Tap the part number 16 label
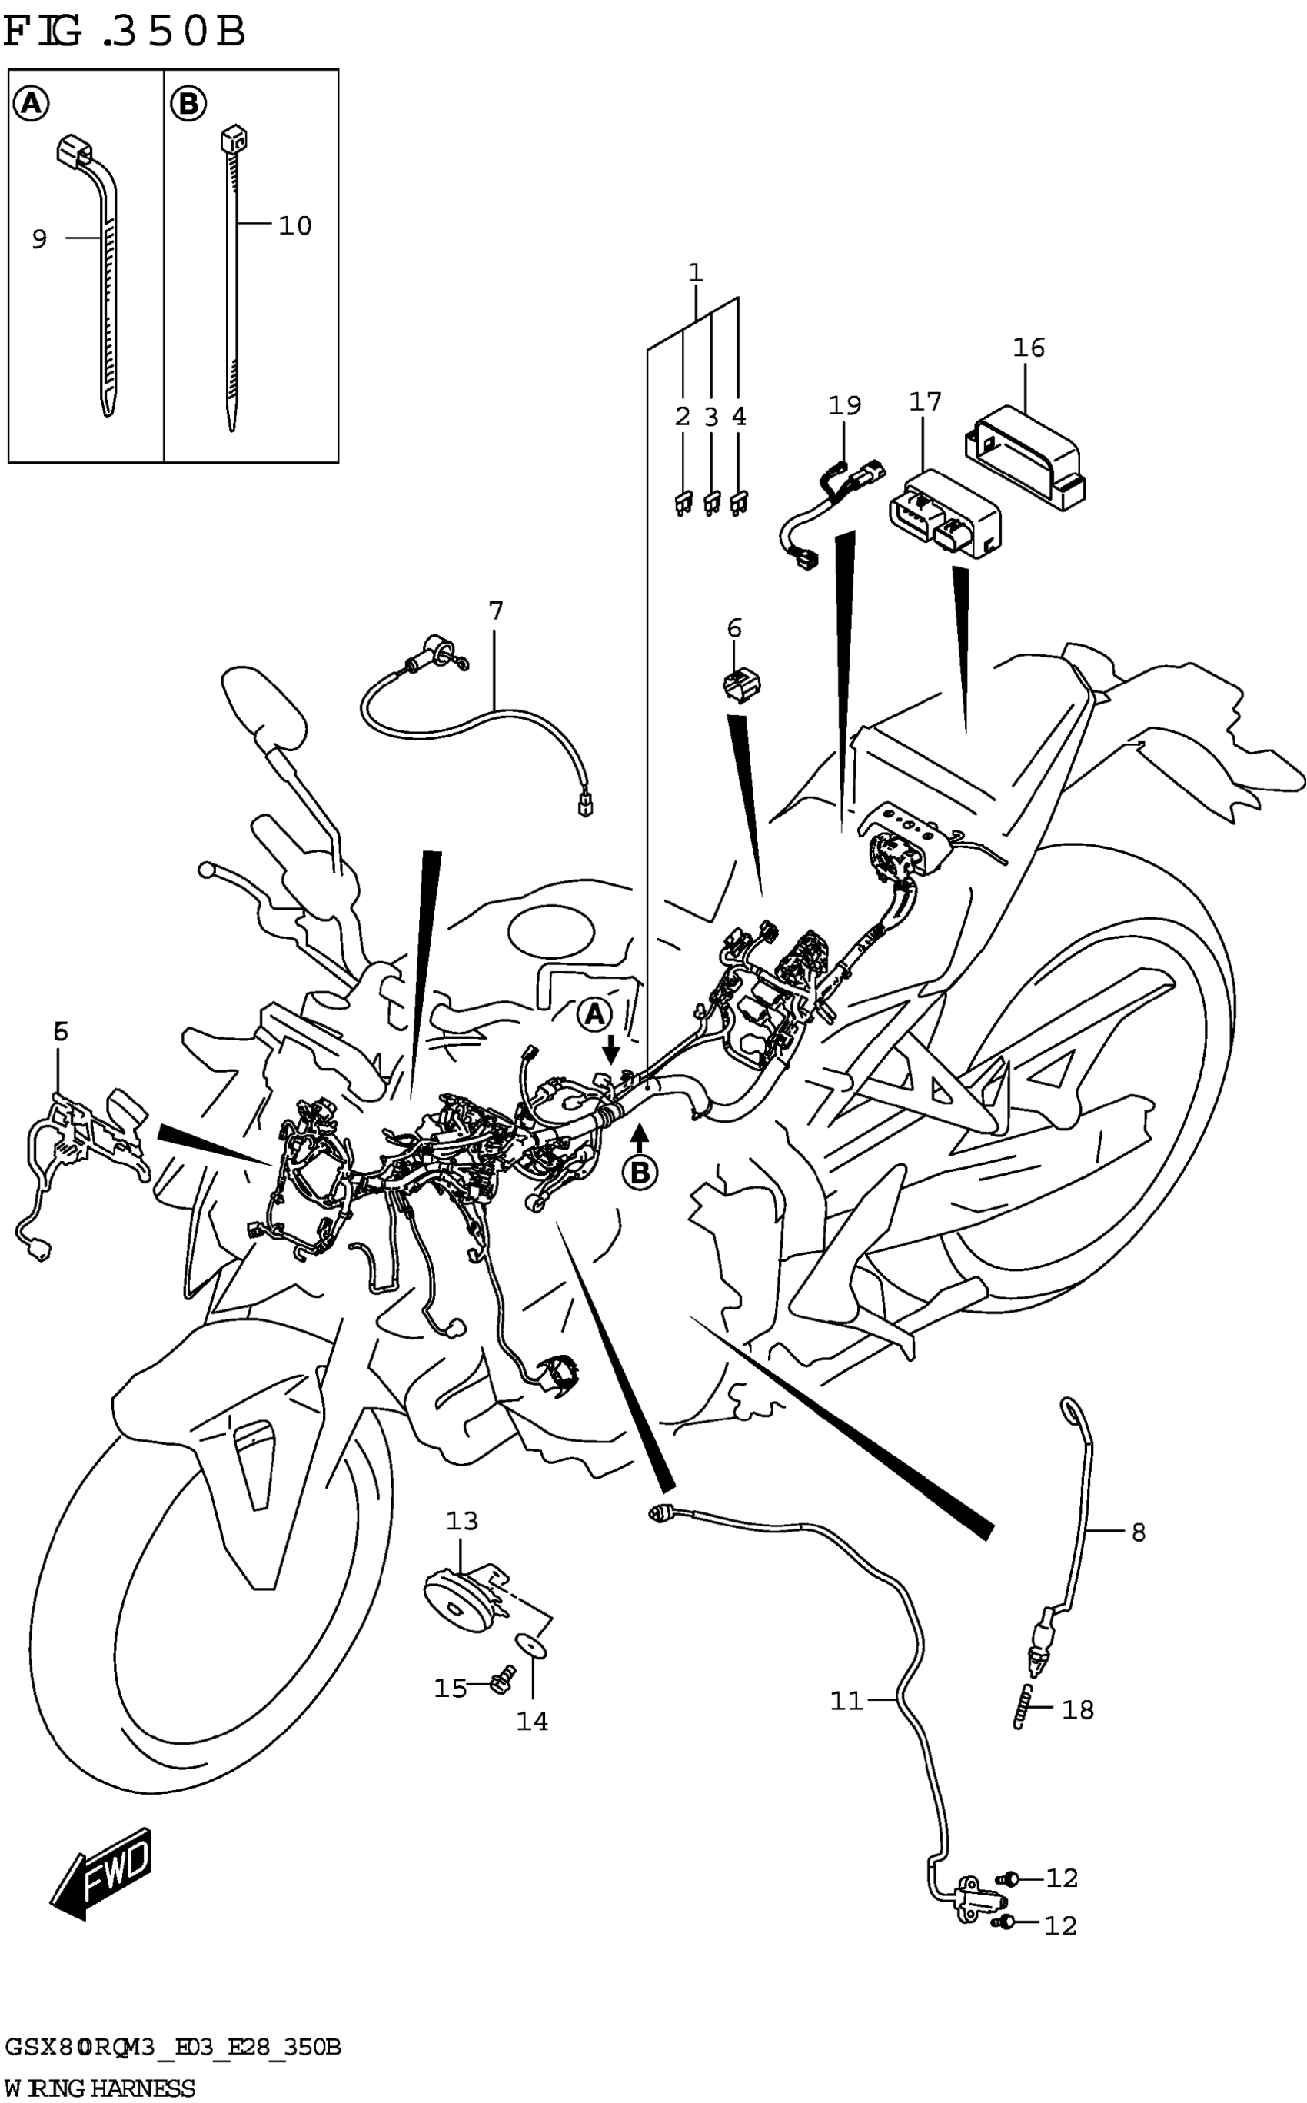coord(1029,348)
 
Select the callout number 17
coord(925,402)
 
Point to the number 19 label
coord(844,405)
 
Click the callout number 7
coord(495,611)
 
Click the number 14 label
coord(533,1721)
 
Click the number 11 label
coord(847,1701)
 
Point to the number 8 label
coord(1139,1532)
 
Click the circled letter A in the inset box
coord(30,105)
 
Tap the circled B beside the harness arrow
coord(640,1173)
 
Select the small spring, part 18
coord(1023,1707)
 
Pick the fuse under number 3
coord(711,503)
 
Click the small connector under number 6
coord(741,685)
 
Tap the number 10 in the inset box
coord(294,227)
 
